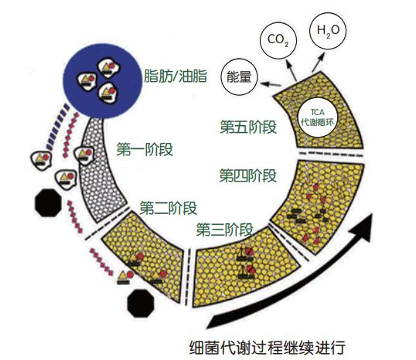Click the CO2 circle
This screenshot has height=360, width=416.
278,40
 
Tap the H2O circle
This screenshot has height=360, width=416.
328,31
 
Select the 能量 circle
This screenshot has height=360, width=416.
239,76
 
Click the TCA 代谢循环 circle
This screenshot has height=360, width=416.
318,117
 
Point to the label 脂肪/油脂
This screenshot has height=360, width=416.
176,76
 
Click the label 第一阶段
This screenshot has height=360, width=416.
145,149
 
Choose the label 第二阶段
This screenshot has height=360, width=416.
169,208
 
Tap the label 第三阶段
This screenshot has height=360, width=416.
225,230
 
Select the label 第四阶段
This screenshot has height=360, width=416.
248,175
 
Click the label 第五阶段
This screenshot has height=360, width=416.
248,127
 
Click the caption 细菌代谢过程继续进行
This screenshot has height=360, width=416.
268,348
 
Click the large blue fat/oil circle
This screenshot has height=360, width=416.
103,80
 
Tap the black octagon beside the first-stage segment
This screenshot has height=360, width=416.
48,203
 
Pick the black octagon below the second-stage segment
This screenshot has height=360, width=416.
141,304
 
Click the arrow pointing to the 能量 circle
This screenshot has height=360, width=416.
271,84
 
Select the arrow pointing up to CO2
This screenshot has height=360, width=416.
291,70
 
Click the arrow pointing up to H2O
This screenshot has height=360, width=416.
319,62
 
